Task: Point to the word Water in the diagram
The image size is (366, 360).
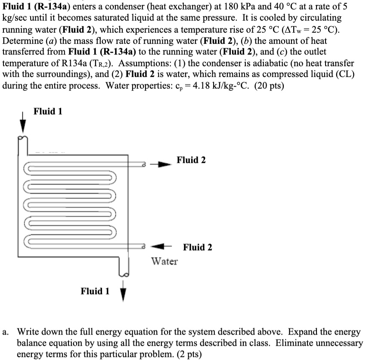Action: tap(165, 261)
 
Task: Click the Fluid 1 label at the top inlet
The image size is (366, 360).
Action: tap(48, 112)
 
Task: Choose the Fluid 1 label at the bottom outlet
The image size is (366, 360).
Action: tap(95, 291)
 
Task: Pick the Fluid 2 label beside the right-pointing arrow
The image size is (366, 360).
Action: tap(191, 160)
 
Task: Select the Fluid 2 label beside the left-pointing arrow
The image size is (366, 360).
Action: tap(198, 247)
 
